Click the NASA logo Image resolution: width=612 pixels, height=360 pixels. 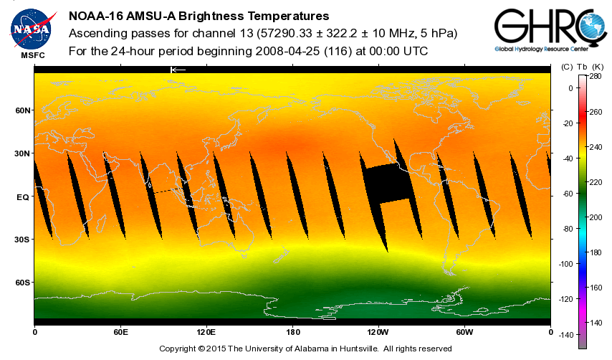[x=31, y=28]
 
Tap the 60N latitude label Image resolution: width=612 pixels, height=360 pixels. [x=24, y=110]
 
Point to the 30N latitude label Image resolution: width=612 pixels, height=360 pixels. [x=24, y=153]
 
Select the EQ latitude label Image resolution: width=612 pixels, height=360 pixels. [x=22, y=196]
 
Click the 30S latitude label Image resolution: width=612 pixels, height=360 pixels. [x=24, y=240]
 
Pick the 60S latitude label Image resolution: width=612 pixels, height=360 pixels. [x=24, y=283]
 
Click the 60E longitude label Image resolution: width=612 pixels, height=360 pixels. [x=120, y=332]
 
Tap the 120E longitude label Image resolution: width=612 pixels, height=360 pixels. [x=206, y=332]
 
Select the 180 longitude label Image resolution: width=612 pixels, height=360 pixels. [x=292, y=332]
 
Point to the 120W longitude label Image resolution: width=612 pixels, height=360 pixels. [x=378, y=332]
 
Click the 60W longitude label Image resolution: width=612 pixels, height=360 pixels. [x=464, y=332]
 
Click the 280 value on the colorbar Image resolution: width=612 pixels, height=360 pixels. [x=595, y=75]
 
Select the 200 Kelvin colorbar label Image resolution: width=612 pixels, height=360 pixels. [x=595, y=217]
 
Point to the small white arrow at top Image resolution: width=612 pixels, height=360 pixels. [x=178, y=70]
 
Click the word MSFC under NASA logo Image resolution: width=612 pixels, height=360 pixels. [x=31, y=55]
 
